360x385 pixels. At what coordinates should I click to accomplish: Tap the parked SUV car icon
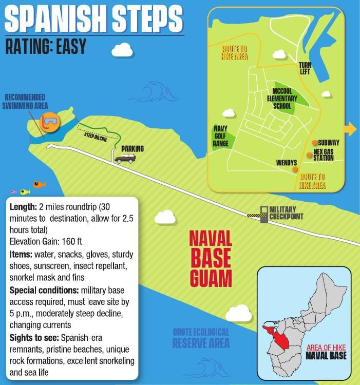[125, 159]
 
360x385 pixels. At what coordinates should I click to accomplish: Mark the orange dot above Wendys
[295, 169]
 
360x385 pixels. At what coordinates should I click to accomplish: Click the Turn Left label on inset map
[306, 69]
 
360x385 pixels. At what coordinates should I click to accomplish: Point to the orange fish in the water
[39, 184]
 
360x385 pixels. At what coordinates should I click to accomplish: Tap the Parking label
[132, 149]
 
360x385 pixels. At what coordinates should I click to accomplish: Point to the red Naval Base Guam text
[211, 258]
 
